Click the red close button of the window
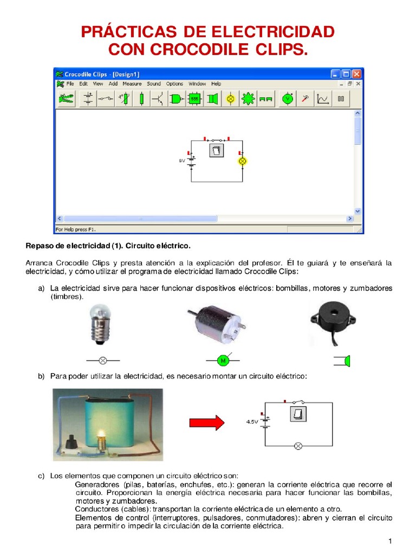pos(356,74)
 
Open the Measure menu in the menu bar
pos(132,84)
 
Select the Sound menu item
pos(154,84)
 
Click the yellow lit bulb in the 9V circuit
pos(243,161)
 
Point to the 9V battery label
pos(182,161)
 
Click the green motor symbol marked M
pos(222,360)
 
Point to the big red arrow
pos(206,422)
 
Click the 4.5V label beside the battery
pos(251,421)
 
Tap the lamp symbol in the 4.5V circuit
pos(297,446)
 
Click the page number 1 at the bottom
pos(389,542)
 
